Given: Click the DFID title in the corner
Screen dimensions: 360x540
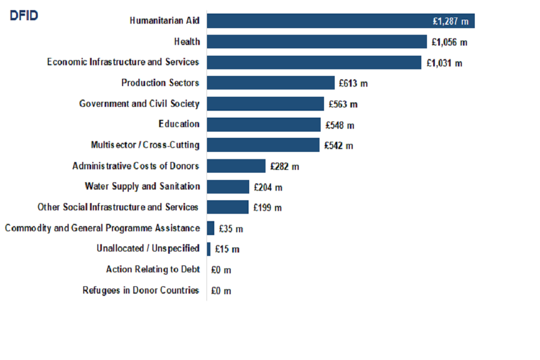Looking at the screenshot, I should click(x=24, y=16).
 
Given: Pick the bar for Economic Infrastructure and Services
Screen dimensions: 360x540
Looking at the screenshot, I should click(x=314, y=62).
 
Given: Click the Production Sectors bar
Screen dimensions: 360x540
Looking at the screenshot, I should click(x=271, y=83).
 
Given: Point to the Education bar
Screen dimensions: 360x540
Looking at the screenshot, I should click(x=263, y=124).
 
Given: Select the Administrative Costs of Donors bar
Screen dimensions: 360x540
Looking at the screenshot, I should click(x=236, y=166).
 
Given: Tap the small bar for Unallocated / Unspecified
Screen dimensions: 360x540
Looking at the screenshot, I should click(x=209, y=249).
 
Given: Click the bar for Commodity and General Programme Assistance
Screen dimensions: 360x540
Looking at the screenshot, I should click(x=211, y=228).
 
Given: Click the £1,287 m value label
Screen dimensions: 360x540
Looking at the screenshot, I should click(x=450, y=21).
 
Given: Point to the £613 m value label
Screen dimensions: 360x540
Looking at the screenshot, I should click(x=353, y=83).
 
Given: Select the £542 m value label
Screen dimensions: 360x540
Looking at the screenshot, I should click(x=339, y=146).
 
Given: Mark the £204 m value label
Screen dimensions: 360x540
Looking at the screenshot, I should click(x=268, y=187).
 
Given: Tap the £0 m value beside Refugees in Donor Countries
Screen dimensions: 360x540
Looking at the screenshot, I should click(x=221, y=291).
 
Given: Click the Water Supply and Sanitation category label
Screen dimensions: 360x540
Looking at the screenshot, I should click(x=142, y=186).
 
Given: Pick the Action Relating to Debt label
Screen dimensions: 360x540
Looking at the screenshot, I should click(x=153, y=269).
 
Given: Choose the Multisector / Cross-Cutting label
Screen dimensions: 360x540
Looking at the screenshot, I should click(x=145, y=145).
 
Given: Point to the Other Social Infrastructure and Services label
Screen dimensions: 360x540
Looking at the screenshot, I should click(x=118, y=207).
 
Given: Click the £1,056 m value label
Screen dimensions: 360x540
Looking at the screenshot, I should click(x=449, y=42).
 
